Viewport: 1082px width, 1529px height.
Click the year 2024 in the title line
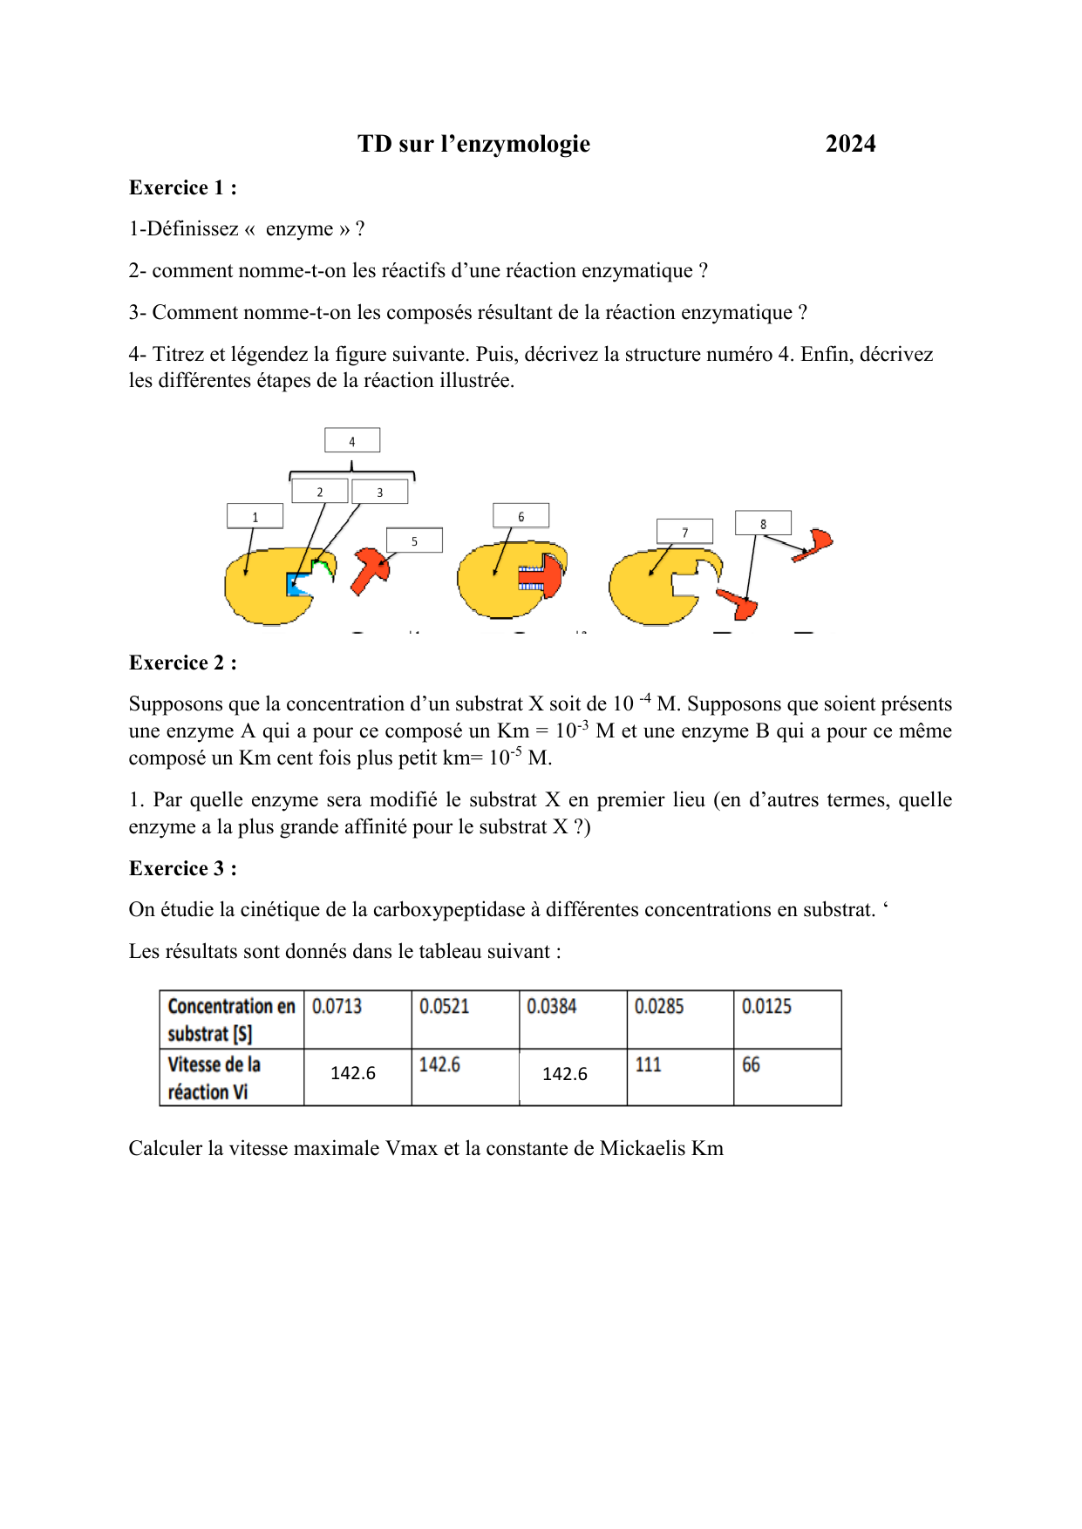pyautogui.click(x=850, y=144)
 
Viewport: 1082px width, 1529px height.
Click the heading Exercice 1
pyautogui.click(x=182, y=187)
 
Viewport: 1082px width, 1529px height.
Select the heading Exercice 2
pyautogui.click(x=182, y=663)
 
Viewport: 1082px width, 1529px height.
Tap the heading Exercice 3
pyautogui.click(x=182, y=868)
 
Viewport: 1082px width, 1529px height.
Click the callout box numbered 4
pyautogui.click(x=352, y=440)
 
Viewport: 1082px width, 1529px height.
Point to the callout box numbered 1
pyautogui.click(x=255, y=516)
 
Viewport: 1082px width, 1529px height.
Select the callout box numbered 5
pyautogui.click(x=414, y=540)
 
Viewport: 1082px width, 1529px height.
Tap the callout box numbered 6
pyautogui.click(x=521, y=516)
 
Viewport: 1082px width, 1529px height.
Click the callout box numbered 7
pyautogui.click(x=684, y=532)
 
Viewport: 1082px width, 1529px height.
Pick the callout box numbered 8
pyautogui.click(x=763, y=523)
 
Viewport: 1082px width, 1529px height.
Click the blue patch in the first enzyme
pyautogui.click(x=297, y=586)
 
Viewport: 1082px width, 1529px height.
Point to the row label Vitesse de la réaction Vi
pyautogui.click(x=214, y=1078)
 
